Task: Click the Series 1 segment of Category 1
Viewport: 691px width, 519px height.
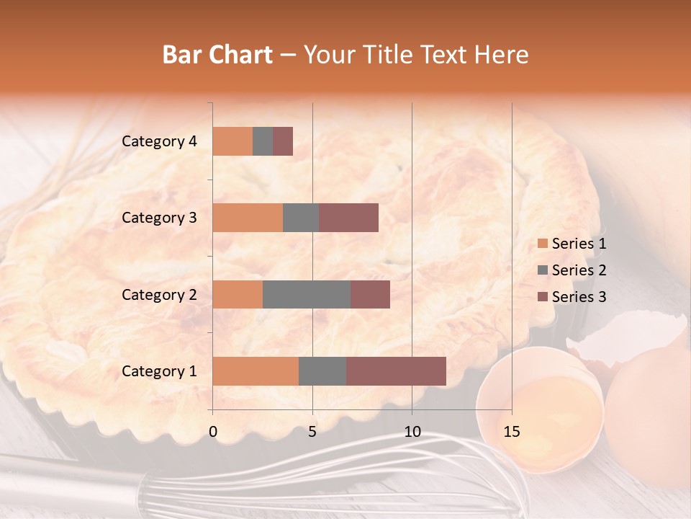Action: click(x=256, y=371)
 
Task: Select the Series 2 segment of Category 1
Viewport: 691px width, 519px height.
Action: click(x=322, y=371)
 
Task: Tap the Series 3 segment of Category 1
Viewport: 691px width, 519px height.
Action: click(x=396, y=371)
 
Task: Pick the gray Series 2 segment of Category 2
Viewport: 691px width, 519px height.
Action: click(x=307, y=294)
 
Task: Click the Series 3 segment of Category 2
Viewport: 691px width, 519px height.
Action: click(x=370, y=294)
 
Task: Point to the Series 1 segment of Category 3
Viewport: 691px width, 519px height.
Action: click(x=248, y=218)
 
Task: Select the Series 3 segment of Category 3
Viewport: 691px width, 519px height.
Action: click(x=348, y=218)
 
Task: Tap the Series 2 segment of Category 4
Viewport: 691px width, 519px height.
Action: click(x=263, y=141)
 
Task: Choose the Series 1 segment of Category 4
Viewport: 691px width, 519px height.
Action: click(x=232, y=141)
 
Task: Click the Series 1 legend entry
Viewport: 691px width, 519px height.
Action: click(x=572, y=244)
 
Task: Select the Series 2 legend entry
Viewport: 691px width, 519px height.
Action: click(x=572, y=270)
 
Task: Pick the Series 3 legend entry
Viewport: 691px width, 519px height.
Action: click(x=572, y=297)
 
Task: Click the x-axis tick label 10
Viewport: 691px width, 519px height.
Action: click(x=412, y=432)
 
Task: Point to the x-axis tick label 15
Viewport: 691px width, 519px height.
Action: click(x=511, y=432)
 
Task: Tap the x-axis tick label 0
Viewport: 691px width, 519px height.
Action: click(x=213, y=432)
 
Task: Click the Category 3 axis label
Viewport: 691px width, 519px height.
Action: click(x=159, y=218)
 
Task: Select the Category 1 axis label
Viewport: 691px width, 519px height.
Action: click(x=159, y=371)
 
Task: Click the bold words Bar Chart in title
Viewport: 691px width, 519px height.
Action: click(x=217, y=55)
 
